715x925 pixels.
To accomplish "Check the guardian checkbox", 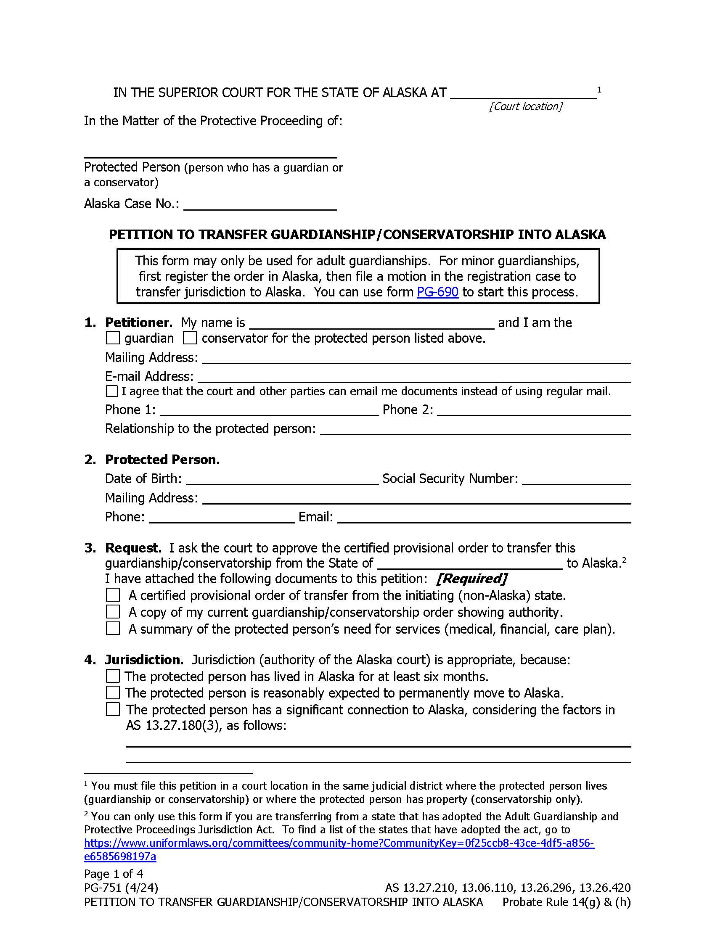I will click(113, 338).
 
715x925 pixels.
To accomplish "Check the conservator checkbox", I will click(190, 338).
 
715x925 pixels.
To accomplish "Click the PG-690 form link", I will click(437, 292).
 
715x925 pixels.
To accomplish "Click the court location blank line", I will click(524, 93).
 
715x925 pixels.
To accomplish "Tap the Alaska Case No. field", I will click(260, 204).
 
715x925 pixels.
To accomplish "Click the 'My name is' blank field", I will click(371, 323).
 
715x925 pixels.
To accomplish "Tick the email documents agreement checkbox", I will click(112, 391).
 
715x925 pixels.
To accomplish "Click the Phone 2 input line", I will click(534, 410).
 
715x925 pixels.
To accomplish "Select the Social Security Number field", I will click(576, 479).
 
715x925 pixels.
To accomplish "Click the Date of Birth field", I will click(282, 479).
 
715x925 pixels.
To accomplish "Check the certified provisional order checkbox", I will click(113, 595).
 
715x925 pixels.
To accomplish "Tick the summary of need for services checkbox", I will click(113, 629).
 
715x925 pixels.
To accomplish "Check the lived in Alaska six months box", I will click(113, 676).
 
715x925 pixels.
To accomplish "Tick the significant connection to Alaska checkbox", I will click(113, 709).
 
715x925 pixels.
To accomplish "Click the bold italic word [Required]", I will click(471, 579).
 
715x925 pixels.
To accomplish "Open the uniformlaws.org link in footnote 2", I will click(339, 843).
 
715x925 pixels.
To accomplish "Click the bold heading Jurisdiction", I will click(144, 659).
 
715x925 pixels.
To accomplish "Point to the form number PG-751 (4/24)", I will click(121, 888).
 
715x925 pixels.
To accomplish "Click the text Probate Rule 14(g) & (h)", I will click(567, 902).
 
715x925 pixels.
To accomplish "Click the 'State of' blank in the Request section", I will click(469, 564).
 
